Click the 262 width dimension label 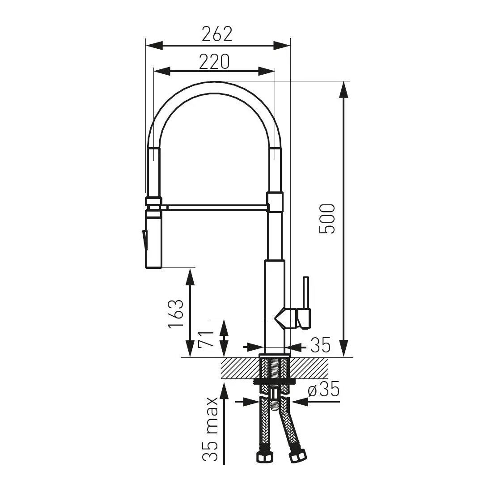pos(217,34)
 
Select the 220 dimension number pos(214,62)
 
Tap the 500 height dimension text pos(327,219)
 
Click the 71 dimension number pos(206,339)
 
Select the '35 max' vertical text pos(210,429)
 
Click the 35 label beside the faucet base pos(320,345)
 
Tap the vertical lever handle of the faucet pos(305,293)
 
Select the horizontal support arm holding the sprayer pos(216,208)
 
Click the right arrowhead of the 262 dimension pos(282,46)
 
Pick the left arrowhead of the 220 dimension pos(161,71)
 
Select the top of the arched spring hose pos(215,88)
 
